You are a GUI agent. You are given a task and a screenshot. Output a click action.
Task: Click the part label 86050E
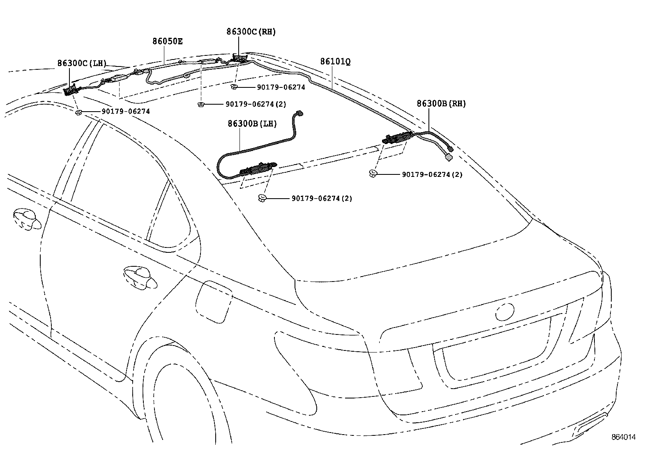[x=168, y=41]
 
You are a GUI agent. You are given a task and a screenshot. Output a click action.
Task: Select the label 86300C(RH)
[x=251, y=32]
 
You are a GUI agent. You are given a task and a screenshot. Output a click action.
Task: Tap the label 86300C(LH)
[x=81, y=63]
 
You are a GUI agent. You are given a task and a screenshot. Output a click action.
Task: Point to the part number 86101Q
[x=335, y=62]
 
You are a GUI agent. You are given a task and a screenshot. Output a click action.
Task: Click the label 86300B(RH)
[x=441, y=103]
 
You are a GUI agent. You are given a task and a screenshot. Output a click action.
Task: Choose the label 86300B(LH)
[x=252, y=124]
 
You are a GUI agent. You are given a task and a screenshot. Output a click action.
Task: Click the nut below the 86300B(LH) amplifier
[x=262, y=199]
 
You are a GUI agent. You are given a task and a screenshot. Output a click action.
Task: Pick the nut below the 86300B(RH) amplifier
[x=373, y=174]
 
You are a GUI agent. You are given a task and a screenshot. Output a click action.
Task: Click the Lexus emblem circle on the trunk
[x=505, y=312]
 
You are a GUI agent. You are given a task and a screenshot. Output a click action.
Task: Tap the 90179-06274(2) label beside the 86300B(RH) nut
[x=432, y=174]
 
